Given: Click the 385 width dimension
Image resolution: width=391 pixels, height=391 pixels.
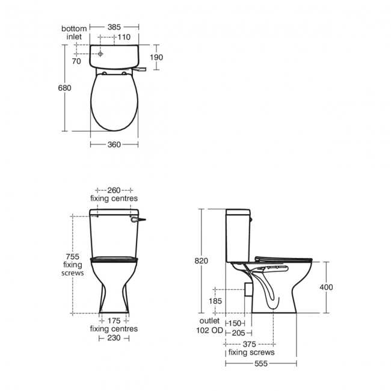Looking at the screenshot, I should (x=114, y=27).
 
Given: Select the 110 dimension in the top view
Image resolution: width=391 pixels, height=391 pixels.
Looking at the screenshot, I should (x=124, y=37).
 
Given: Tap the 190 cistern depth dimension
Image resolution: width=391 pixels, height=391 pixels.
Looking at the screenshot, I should (x=156, y=57).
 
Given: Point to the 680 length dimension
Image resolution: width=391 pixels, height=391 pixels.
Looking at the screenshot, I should (x=65, y=88).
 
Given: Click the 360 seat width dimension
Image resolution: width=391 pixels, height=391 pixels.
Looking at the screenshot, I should (x=114, y=144).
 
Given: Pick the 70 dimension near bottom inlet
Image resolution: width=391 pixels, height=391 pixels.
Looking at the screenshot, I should (x=76, y=61).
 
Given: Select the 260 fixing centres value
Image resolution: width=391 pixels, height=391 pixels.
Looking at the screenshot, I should (x=114, y=190).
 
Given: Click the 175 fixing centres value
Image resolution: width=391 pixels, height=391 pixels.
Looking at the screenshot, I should (x=114, y=321).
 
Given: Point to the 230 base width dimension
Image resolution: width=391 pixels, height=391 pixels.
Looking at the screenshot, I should (x=114, y=338).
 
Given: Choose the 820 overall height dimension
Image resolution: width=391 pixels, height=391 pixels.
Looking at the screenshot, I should (x=202, y=260).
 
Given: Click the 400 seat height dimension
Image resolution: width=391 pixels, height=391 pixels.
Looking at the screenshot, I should (x=325, y=288).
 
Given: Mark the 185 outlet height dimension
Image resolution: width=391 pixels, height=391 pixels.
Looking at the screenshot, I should (x=215, y=300).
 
